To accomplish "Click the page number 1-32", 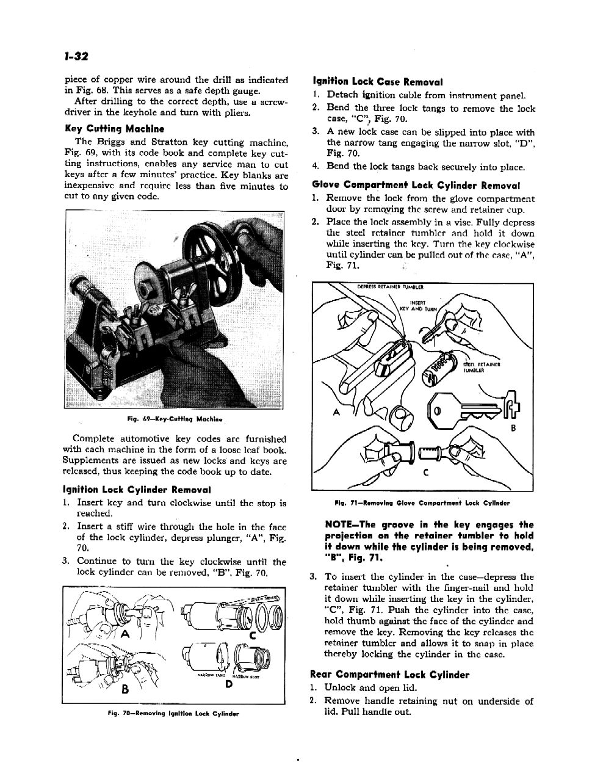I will click(77, 56).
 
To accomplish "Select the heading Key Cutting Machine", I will click(115, 129).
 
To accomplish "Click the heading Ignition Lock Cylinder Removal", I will click(137, 489).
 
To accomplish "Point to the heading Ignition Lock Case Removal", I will click(377, 81).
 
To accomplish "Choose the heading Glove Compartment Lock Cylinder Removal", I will click(416, 185).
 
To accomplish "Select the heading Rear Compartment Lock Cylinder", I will click(390, 675).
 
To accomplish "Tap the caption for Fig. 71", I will click(423, 503).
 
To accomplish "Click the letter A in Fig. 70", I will click(126, 633).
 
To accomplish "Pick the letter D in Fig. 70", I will click(228, 683).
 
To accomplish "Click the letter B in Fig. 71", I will click(513, 428).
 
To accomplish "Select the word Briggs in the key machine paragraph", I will click(112, 142).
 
